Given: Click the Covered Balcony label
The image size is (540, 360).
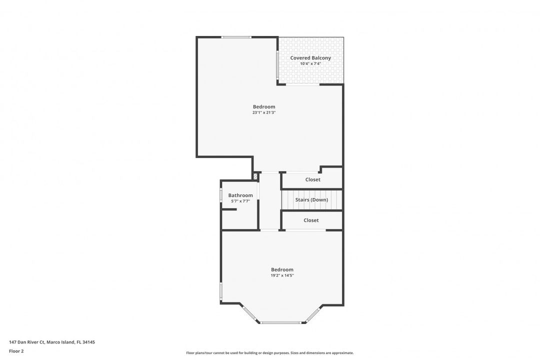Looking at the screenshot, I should tap(310, 58).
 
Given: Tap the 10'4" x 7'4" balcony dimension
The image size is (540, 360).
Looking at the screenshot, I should tap(310, 64).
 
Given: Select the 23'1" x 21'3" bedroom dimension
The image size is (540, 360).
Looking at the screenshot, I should tap(264, 113).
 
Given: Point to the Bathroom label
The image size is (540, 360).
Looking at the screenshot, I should tap(240, 195).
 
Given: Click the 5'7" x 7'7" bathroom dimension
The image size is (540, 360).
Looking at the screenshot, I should tap(240, 201).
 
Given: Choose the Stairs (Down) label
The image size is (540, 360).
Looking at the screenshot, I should tap(311, 200).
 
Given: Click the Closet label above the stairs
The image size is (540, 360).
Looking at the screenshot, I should tap(313, 179).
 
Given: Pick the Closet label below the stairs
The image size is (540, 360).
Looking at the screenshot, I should tap(311, 220).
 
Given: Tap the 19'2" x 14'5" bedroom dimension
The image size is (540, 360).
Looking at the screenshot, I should tap(282, 275).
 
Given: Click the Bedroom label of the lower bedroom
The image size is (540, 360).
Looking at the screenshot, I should tap(282, 269).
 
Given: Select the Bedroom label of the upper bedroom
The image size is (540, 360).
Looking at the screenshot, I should tap(264, 106).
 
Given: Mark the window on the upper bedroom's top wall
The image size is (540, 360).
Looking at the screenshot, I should tap(236, 37).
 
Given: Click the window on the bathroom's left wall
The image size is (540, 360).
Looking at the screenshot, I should tap(221, 195).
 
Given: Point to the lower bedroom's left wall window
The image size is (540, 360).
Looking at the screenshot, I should tap(221, 291).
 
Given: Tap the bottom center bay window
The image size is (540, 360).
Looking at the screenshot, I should tap(281, 323).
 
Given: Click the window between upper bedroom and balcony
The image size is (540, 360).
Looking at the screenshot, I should tap(278, 64).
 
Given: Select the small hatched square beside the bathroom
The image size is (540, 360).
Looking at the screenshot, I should tap(255, 176).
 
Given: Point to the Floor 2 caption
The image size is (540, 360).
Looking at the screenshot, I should tap(16, 351).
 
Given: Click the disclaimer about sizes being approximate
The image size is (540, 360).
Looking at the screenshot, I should tap(270, 353).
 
